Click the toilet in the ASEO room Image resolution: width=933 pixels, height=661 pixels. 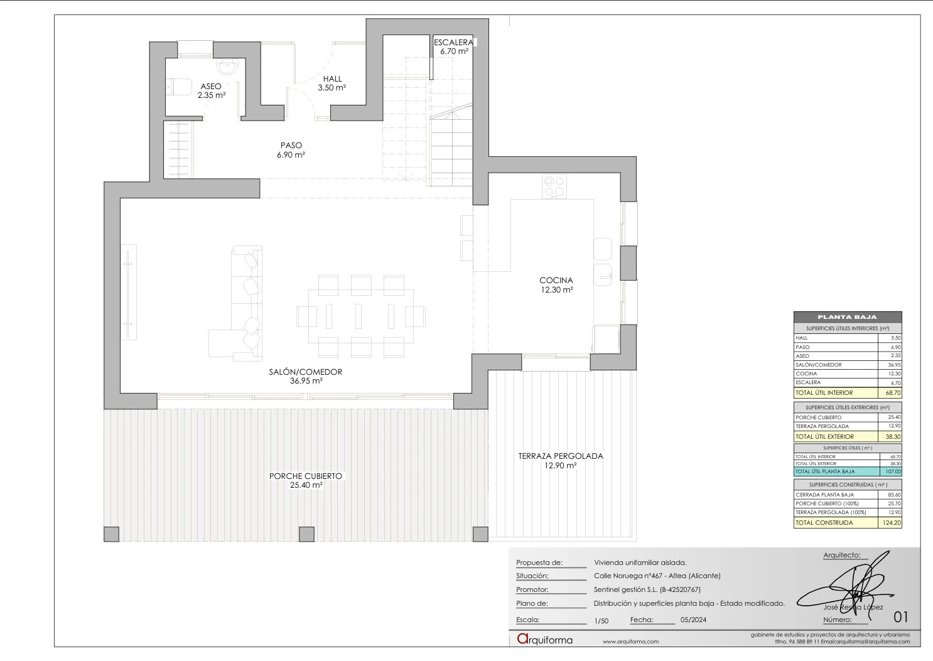[179, 87]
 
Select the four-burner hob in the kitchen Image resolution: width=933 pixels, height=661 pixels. [554, 186]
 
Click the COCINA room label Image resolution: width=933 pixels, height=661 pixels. [556, 281]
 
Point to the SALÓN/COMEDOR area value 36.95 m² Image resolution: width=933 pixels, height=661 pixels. [306, 381]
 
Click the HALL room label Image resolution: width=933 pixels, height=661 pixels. [332, 78]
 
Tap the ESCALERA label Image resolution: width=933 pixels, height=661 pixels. [453, 42]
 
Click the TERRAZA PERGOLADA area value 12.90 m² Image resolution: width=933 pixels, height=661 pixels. [560, 466]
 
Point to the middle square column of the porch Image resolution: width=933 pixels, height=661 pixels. [306, 534]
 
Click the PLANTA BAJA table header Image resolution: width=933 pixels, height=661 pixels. [847, 317]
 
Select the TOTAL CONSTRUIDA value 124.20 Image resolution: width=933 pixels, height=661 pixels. [890, 522]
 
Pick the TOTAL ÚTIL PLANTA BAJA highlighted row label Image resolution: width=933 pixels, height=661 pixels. [825, 471]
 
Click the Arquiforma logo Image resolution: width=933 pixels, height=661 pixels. [544, 640]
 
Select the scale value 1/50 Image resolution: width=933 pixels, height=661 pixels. [601, 621]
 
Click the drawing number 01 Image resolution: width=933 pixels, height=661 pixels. [900, 616]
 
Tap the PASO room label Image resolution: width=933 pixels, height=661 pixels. [291, 145]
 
